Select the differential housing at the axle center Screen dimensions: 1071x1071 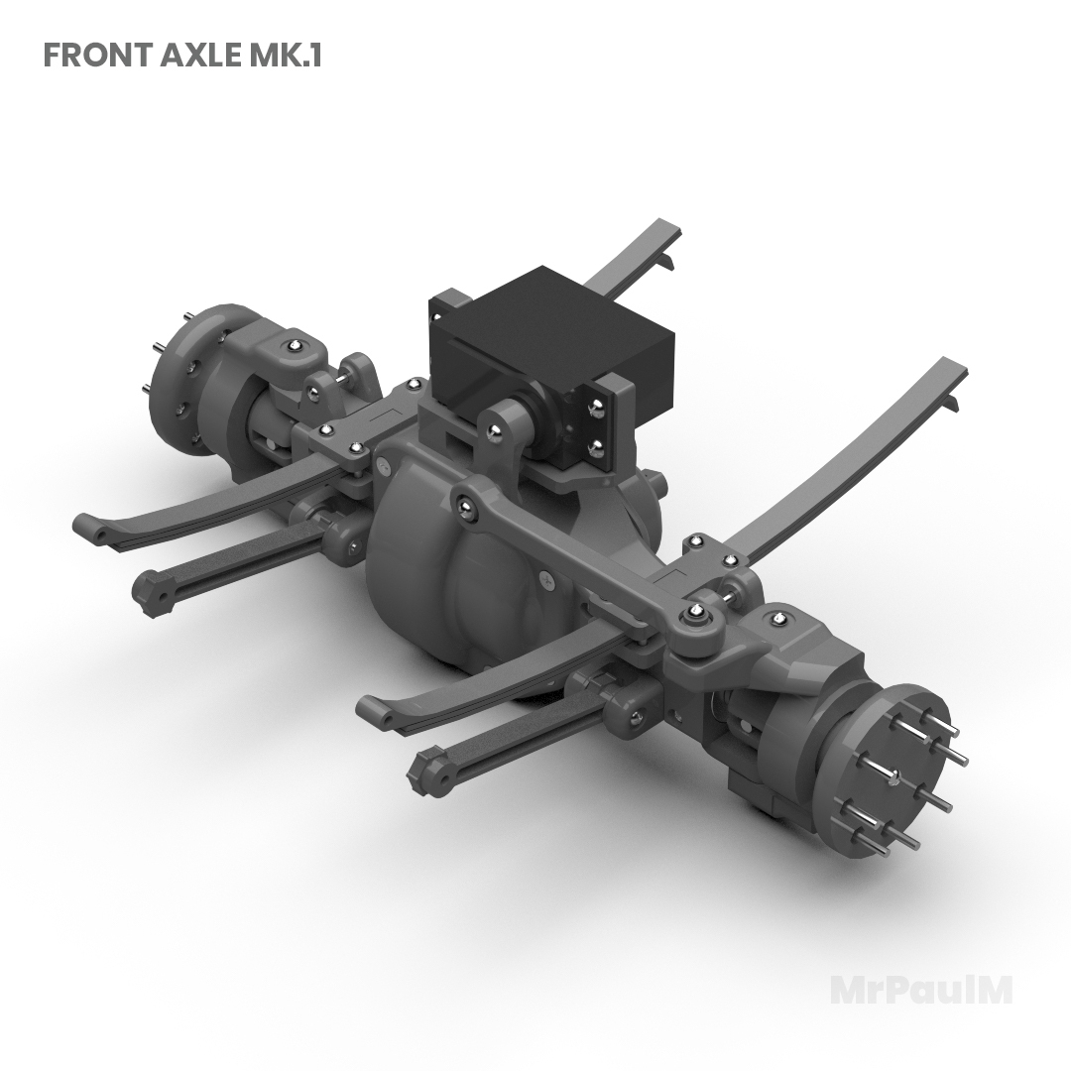446,565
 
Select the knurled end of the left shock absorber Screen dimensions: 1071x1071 152,592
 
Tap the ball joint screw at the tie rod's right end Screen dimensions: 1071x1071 698,612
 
